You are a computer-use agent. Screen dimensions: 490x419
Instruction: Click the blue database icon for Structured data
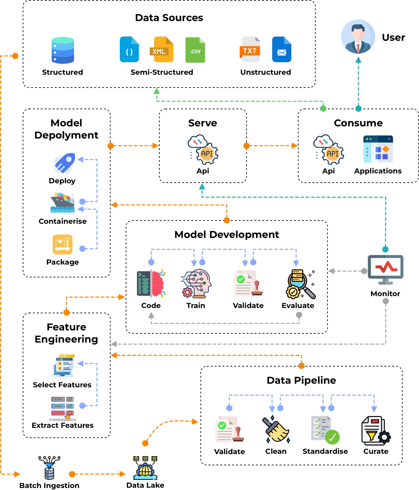pyautogui.click(x=63, y=50)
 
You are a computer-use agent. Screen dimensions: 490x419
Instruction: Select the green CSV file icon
pyautogui.click(x=195, y=50)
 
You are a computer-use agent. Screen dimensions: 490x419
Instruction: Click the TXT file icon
pyautogui.click(x=250, y=50)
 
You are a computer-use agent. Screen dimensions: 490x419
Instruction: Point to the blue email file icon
pyautogui.click(x=282, y=50)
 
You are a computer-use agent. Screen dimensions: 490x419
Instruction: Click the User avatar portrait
pyautogui.click(x=358, y=37)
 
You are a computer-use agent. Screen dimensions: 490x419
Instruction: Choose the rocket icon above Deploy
pyautogui.click(x=64, y=163)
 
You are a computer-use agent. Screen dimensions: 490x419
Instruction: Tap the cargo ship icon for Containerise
pyautogui.click(x=63, y=203)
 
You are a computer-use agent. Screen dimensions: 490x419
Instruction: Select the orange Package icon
pyautogui.click(x=63, y=244)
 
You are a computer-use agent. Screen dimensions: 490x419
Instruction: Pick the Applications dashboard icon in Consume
pyautogui.click(x=378, y=149)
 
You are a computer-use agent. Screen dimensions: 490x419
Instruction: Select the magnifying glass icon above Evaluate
pyautogui.click(x=300, y=284)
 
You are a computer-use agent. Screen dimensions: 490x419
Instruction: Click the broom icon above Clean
pyautogui.click(x=276, y=429)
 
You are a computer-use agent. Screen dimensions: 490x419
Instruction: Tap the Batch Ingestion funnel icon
pyautogui.click(x=49, y=467)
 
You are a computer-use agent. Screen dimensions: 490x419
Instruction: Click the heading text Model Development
pyautogui.click(x=226, y=235)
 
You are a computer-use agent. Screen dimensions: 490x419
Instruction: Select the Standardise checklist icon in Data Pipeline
pyautogui.click(x=325, y=430)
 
